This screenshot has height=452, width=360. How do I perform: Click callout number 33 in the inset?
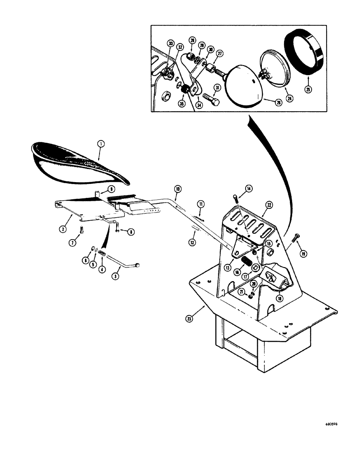[170, 43]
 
